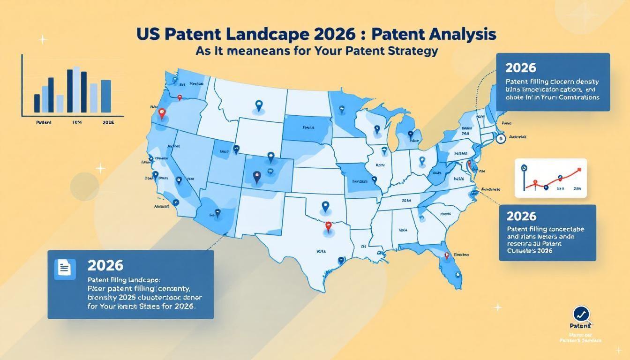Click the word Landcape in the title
[x=252, y=35]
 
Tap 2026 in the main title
[x=320, y=35]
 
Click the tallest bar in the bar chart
[x=76, y=91]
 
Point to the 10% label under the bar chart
[x=77, y=122]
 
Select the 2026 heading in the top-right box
[x=521, y=67]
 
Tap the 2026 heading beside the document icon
[x=105, y=265]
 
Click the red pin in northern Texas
[x=328, y=226]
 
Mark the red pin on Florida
[x=447, y=256]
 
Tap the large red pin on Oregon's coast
[x=162, y=113]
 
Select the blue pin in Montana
[x=257, y=105]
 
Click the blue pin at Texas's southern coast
[x=341, y=261]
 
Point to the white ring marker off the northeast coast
[x=501, y=138]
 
